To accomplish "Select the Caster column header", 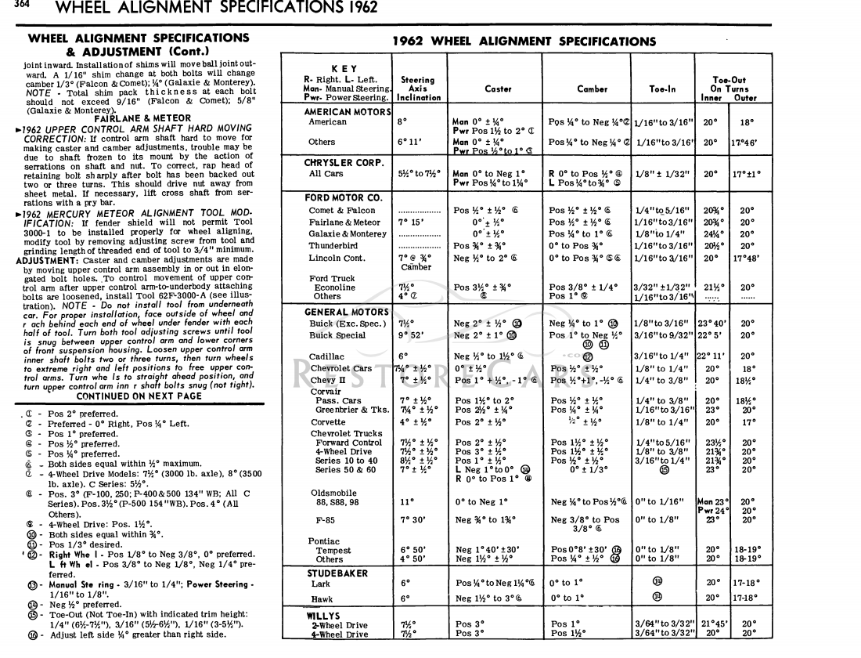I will [498, 89].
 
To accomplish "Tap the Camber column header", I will [592, 89].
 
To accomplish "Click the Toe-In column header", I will [662, 89].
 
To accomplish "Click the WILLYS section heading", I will [322, 616].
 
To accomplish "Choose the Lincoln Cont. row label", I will [337, 258].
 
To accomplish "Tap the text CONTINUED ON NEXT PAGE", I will [139, 396].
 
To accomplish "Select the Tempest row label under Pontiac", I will [333, 550].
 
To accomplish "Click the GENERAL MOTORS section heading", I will [348, 311].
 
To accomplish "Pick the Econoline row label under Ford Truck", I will [334, 287].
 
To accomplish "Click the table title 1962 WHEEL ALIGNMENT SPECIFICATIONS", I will [524, 42].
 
